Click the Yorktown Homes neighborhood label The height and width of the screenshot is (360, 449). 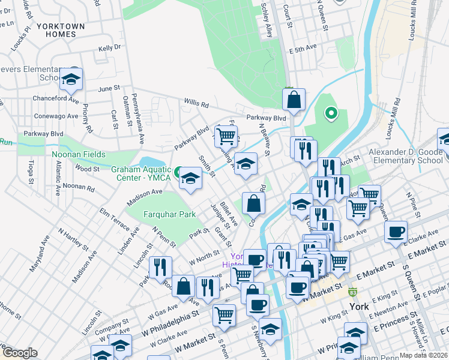(x=56, y=31)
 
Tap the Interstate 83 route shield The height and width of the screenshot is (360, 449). (x=354, y=293)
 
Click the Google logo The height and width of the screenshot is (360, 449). (x=19, y=353)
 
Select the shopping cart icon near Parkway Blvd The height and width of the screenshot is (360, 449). (x=226, y=136)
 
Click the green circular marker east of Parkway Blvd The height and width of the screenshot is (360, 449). (x=330, y=112)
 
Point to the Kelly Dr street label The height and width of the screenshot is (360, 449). (x=110, y=47)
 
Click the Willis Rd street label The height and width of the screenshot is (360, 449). (x=196, y=104)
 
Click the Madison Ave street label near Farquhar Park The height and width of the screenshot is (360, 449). (x=145, y=195)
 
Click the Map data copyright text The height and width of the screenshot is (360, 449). (x=424, y=355)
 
